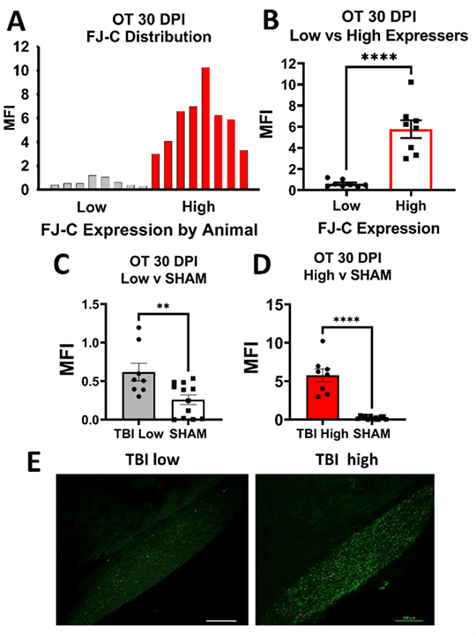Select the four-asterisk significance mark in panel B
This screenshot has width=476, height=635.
pyautogui.click(x=373, y=58)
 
